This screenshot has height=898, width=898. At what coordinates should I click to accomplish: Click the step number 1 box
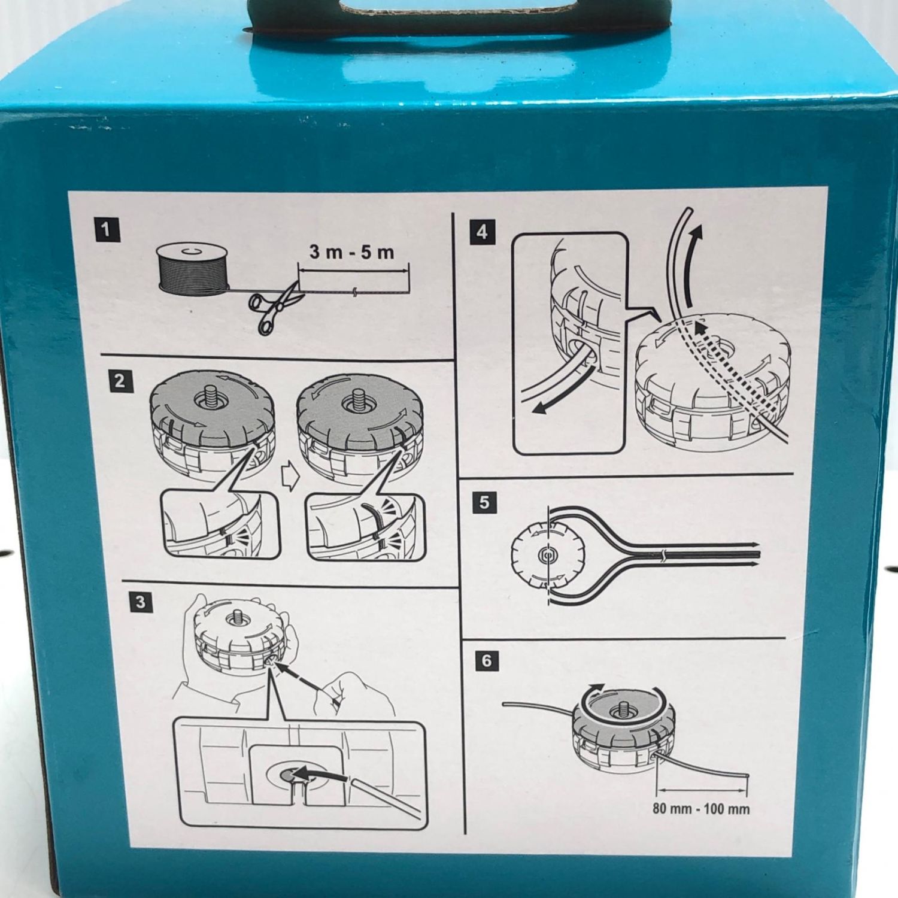click(107, 229)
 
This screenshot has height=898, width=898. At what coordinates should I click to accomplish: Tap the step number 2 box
click(120, 381)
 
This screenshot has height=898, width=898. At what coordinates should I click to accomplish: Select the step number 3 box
click(140, 601)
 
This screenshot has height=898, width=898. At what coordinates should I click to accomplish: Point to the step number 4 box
click(483, 232)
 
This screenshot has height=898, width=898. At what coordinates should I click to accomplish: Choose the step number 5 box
click(484, 502)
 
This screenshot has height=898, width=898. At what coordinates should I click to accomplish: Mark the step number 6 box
click(486, 660)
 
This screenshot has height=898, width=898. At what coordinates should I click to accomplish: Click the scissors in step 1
click(274, 307)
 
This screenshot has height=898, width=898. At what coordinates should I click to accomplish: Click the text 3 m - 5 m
click(352, 252)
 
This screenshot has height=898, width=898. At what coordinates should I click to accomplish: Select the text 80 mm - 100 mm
click(701, 809)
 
